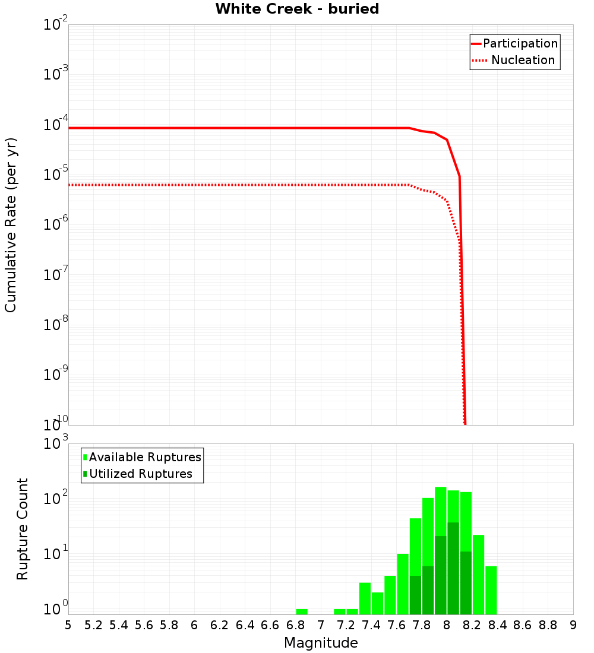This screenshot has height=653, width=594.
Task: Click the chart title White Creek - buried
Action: click(297, 9)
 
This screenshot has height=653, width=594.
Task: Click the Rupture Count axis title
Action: click(23, 528)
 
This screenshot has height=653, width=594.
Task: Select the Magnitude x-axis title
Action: click(321, 643)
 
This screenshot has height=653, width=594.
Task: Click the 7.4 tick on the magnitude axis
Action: click(371, 625)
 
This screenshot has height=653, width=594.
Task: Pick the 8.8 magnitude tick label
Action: click(548, 625)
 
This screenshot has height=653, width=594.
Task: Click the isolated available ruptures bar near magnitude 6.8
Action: click(302, 611)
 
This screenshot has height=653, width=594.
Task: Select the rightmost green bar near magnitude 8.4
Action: click(491, 591)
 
